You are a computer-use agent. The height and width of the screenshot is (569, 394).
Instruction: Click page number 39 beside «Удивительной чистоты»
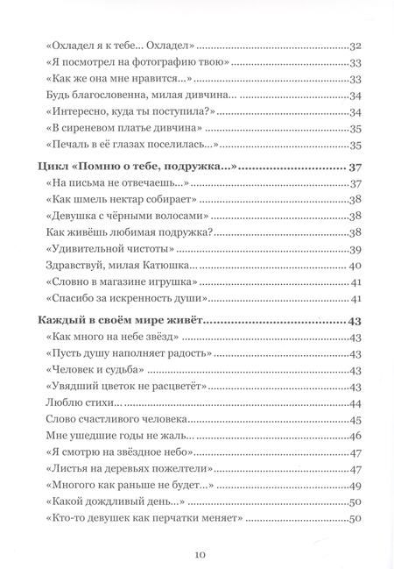point(355,249)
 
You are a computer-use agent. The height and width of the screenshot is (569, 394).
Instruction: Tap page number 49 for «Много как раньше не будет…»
point(355,486)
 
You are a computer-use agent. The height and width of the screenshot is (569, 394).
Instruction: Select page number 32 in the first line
point(355,45)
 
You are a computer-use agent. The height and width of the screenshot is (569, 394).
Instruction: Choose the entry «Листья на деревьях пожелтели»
point(118,470)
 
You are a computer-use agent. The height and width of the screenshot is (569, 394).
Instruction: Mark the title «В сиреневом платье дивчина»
point(115,128)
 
